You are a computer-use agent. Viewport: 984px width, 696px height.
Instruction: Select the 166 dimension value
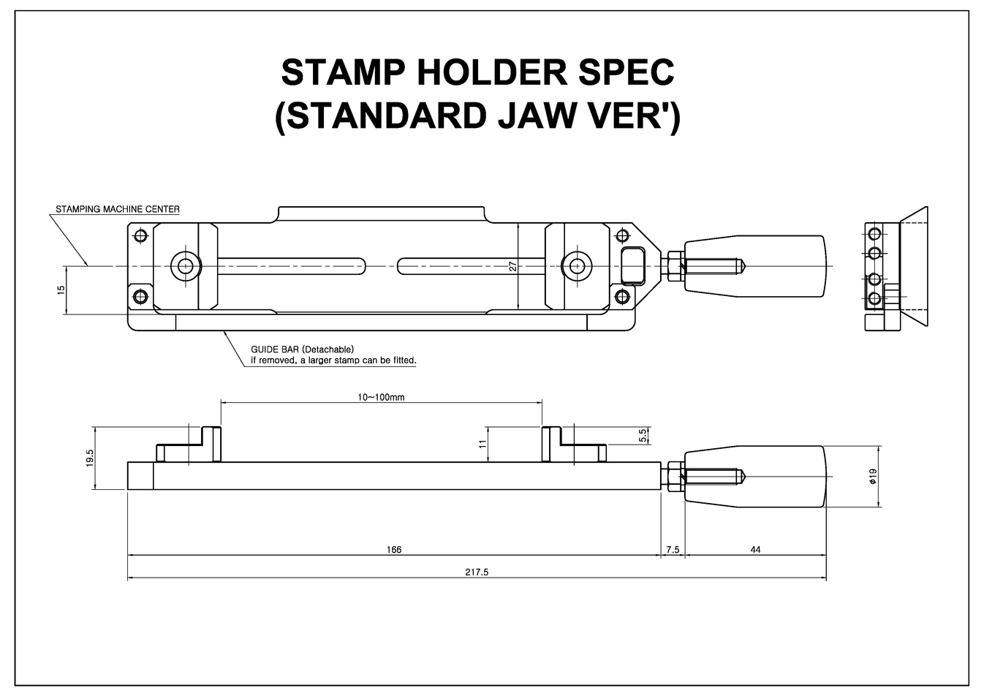[x=394, y=549]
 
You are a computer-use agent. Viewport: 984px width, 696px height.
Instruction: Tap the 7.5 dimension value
[x=673, y=549]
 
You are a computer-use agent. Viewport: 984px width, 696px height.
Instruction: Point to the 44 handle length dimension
[x=755, y=549]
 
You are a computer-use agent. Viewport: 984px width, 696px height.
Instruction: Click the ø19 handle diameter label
[x=873, y=477]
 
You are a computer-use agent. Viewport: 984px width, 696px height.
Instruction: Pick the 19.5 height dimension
[x=90, y=458]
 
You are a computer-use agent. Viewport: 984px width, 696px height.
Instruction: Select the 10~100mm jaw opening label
[x=381, y=397]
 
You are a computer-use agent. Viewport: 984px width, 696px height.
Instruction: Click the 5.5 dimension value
[x=643, y=436]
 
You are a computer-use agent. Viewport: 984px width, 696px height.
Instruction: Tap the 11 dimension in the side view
[x=482, y=444]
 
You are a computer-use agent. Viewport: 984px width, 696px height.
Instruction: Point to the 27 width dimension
[x=512, y=267]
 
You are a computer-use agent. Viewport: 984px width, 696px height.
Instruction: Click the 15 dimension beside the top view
[x=61, y=290]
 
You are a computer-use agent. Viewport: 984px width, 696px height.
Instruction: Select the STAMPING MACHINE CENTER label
[x=118, y=209]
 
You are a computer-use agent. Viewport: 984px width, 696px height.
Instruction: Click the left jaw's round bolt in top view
[x=186, y=266]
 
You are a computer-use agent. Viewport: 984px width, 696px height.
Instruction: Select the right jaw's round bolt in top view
[x=578, y=266]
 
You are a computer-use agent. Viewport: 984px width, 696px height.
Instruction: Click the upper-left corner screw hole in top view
[x=141, y=235]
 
